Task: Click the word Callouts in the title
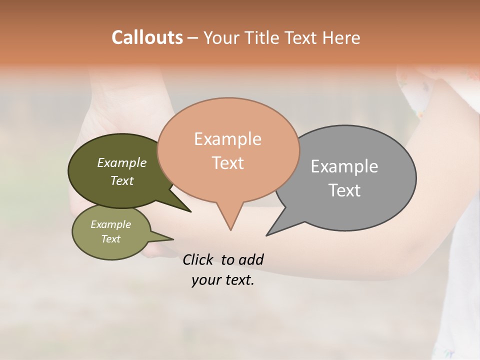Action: (147, 37)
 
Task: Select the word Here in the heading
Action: (342, 37)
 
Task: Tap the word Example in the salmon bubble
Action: (227, 139)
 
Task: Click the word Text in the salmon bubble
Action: (227, 163)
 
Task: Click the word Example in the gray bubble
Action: (344, 166)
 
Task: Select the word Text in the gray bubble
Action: (344, 190)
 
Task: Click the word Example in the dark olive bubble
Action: (122, 162)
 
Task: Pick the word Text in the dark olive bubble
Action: (122, 181)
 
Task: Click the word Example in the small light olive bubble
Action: (110, 224)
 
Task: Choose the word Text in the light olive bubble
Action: (110, 239)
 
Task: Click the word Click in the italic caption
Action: (198, 259)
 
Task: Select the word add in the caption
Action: (250, 259)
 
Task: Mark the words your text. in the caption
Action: (222, 280)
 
